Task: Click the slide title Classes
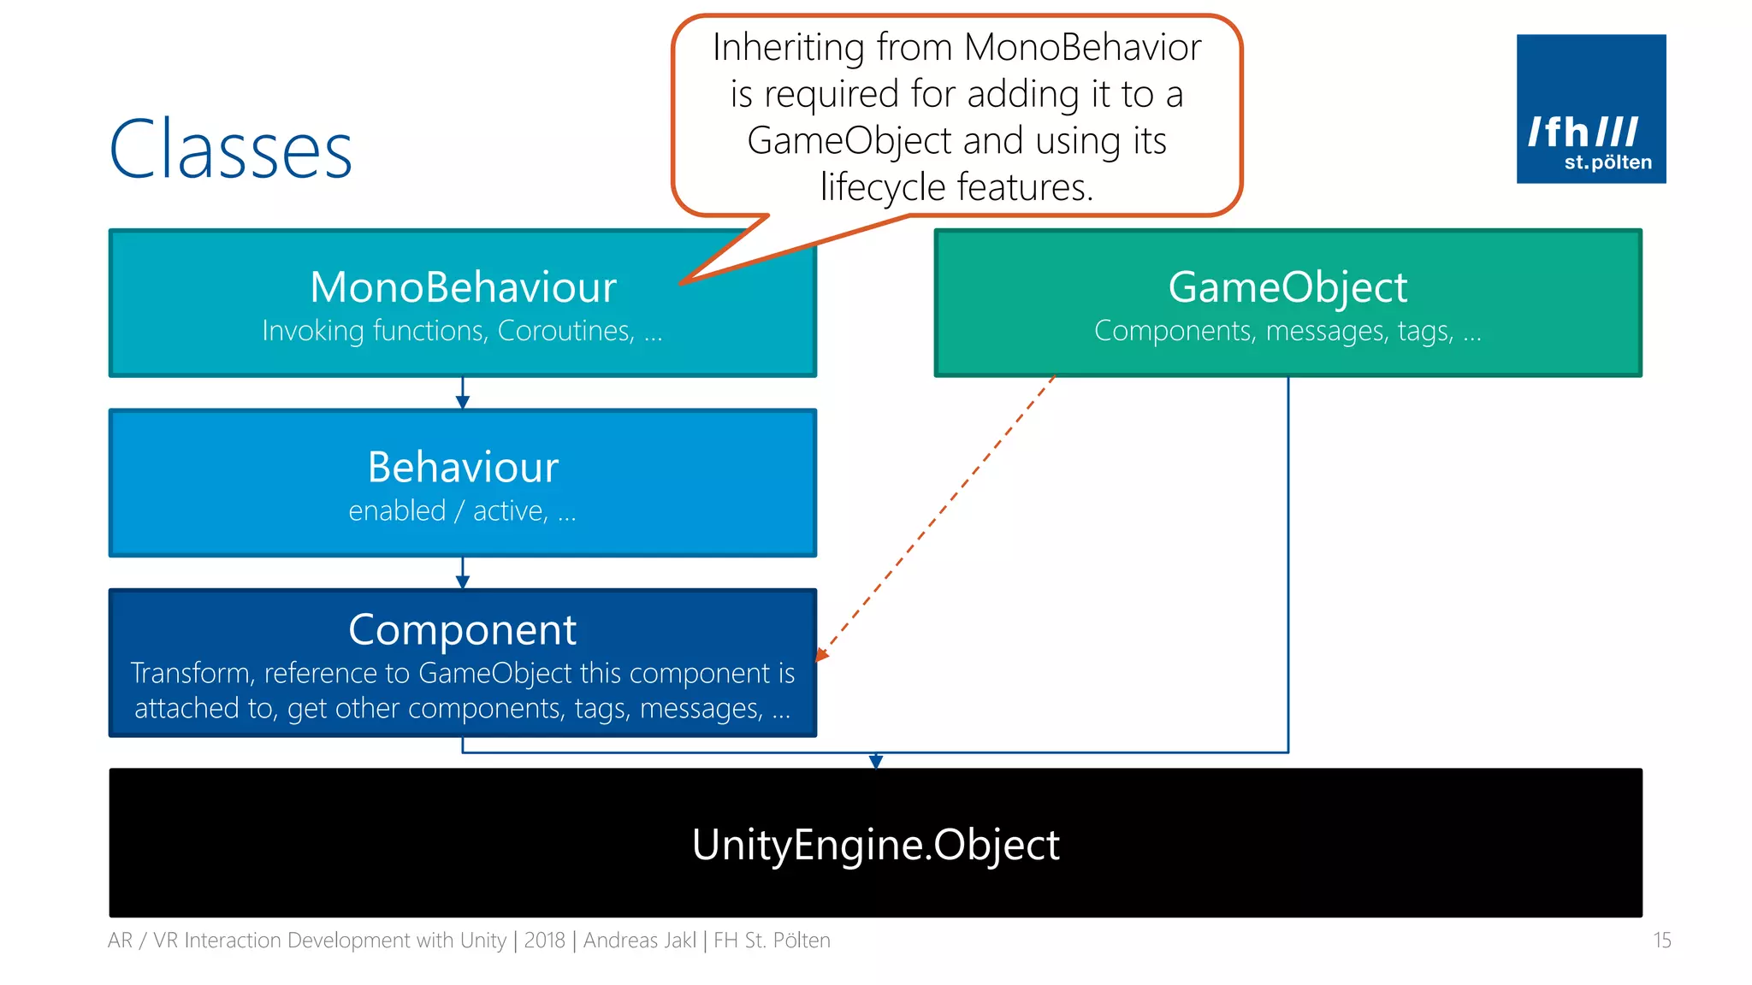pyautogui.click(x=231, y=150)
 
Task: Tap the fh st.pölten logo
pyautogui.click(x=1590, y=109)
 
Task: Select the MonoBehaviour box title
pyautogui.click(x=463, y=287)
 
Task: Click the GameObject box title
pyautogui.click(x=1287, y=287)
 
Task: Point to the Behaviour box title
pyautogui.click(x=463, y=468)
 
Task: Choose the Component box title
pyautogui.click(x=463, y=630)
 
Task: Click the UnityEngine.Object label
pyautogui.click(x=875, y=845)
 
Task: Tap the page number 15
pyautogui.click(x=1661, y=941)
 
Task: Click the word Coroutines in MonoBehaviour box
pyautogui.click(x=565, y=331)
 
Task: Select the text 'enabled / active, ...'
pyautogui.click(x=463, y=511)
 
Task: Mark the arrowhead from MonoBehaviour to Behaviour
pyautogui.click(x=463, y=403)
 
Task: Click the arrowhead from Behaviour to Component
pyautogui.click(x=463, y=582)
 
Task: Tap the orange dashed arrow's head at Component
pyautogui.click(x=821, y=655)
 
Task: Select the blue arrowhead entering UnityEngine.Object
pyautogui.click(x=875, y=761)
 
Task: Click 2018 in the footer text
pyautogui.click(x=544, y=941)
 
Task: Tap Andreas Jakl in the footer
pyautogui.click(x=640, y=941)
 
